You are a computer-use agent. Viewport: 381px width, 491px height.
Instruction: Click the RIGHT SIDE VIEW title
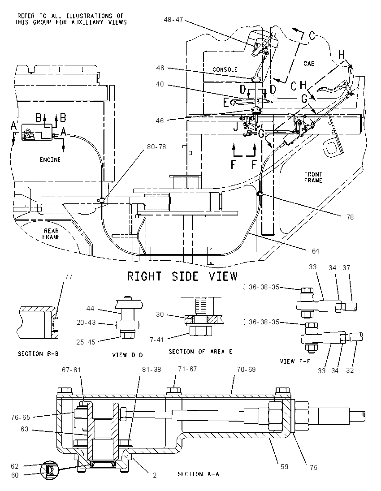pyautogui.click(x=182, y=276)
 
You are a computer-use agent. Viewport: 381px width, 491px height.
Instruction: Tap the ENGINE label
pyautogui.click(x=50, y=159)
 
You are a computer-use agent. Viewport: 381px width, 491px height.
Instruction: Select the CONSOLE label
pyautogui.click(x=225, y=69)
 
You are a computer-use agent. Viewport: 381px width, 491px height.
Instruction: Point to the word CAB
pyautogui.click(x=309, y=64)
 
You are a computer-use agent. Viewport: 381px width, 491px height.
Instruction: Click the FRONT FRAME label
pyautogui.click(x=313, y=177)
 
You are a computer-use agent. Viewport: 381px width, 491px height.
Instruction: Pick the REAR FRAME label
pyautogui.click(x=52, y=234)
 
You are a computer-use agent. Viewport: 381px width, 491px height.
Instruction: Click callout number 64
pyautogui.click(x=315, y=251)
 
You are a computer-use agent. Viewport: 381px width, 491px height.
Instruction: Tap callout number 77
pyautogui.click(x=69, y=276)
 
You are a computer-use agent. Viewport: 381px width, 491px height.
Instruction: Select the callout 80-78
pyautogui.click(x=156, y=147)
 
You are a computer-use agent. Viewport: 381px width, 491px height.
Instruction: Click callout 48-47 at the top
pyautogui.click(x=173, y=19)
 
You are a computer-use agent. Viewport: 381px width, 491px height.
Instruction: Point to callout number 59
pyautogui.click(x=284, y=466)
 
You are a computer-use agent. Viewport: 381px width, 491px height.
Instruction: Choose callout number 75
pyautogui.click(x=314, y=468)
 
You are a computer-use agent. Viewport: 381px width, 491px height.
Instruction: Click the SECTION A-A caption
pyautogui.click(x=198, y=474)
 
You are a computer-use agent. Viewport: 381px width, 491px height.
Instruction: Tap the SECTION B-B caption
pyautogui.click(x=38, y=354)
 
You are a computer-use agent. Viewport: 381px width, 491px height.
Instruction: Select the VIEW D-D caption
pyautogui.click(x=127, y=355)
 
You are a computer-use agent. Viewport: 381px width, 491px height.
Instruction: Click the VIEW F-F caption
pyautogui.click(x=295, y=362)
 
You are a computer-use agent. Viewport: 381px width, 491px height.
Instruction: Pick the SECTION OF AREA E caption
pyautogui.click(x=200, y=352)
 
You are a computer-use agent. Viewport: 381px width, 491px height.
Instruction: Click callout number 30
pyautogui.click(x=160, y=314)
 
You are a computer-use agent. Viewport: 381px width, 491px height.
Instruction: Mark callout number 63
pyautogui.click(x=25, y=429)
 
